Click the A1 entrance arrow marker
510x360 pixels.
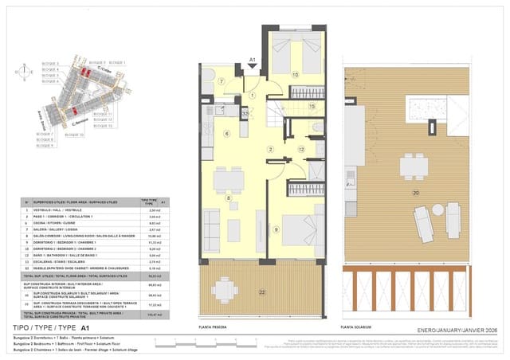(252, 61)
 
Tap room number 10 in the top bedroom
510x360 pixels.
(295, 75)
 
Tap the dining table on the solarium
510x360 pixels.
(411, 166)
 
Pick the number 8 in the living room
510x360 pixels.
(229, 198)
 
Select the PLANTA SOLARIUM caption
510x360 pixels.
(357, 327)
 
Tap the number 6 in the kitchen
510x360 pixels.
(226, 134)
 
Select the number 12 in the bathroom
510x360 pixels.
(301, 150)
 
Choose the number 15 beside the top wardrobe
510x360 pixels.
(312, 106)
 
